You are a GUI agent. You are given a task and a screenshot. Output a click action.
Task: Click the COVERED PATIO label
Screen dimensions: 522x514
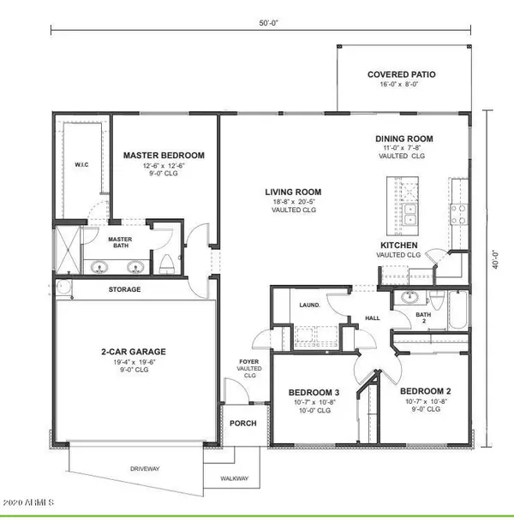401,74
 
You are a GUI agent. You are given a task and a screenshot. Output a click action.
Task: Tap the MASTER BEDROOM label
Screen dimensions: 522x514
164,155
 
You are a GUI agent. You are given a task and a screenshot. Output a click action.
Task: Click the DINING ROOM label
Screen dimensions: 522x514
404,139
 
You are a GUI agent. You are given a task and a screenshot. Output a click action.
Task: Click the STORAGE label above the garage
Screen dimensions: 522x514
124,289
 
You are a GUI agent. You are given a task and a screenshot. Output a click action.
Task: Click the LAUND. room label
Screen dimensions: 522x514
310,304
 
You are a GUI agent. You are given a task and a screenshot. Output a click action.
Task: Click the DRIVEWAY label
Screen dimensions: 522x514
145,469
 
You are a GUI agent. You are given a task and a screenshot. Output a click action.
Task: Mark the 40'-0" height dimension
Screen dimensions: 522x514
492,257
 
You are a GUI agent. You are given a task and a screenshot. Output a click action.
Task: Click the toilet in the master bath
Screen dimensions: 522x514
165,263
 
